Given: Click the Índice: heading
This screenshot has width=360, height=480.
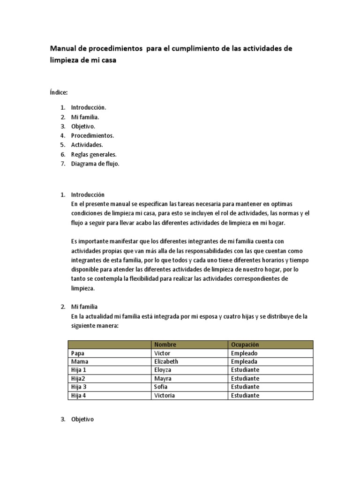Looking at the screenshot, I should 59,93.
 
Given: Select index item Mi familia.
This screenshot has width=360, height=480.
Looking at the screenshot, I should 85,117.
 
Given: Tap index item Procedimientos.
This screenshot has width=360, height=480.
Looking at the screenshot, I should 92,135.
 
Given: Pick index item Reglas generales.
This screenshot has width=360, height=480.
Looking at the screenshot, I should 94,154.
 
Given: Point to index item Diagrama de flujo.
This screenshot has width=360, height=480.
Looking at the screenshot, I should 95,164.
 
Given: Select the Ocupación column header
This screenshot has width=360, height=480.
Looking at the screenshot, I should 245,345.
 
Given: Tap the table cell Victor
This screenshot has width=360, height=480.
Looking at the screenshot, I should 162,353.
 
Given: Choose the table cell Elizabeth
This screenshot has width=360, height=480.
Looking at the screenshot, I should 166,361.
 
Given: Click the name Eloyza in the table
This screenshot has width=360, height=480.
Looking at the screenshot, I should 163,370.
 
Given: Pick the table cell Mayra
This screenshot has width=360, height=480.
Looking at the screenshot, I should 162,378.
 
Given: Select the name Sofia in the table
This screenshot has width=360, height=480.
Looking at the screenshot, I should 160,387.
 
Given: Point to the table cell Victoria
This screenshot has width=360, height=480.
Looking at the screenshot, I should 164,395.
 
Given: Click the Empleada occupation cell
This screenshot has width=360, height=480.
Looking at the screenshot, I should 244,361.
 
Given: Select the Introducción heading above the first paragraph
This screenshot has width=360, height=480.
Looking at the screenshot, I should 88,195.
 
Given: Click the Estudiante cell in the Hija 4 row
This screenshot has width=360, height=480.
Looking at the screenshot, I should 245,395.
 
